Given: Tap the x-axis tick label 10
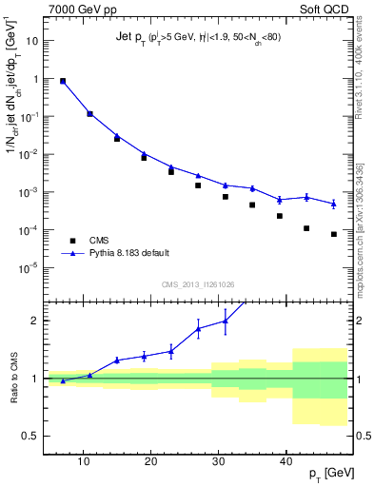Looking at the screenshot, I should [85, 460].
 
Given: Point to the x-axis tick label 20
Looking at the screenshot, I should [151, 460].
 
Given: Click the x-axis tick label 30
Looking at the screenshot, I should [219, 460].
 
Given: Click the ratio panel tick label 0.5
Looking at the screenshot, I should [31, 436].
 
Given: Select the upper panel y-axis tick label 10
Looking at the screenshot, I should [32, 42].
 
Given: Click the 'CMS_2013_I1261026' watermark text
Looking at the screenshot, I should [198, 284].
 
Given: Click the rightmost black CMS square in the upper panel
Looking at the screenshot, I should [334, 234].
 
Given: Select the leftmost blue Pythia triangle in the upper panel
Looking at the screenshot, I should [63, 81].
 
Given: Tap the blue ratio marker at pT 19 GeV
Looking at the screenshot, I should [144, 356].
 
